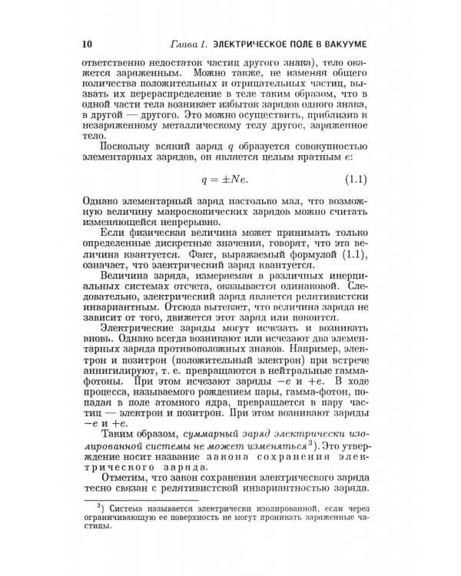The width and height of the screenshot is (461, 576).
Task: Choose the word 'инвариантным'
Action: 113,333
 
